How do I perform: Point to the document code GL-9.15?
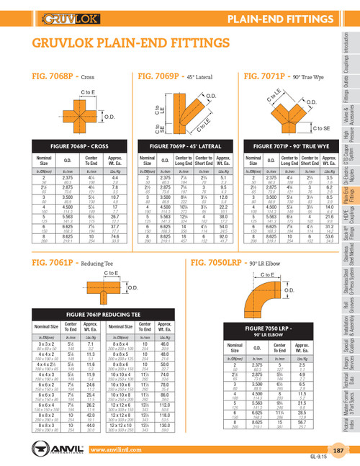(x=339, y=459)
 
